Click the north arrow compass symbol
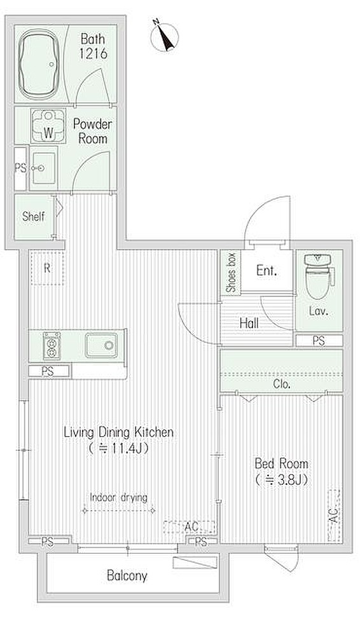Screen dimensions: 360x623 point(165,37)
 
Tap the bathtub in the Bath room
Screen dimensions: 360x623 point(39,64)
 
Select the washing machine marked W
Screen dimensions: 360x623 point(48,127)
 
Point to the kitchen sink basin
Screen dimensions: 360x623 point(101,345)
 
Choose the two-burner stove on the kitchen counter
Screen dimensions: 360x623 point(52,345)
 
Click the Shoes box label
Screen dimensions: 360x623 point(230,273)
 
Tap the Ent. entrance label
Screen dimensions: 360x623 point(267,271)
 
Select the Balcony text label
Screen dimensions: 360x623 point(127,575)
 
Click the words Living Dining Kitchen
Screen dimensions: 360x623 point(119,432)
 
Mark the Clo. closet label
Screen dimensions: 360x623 point(281,384)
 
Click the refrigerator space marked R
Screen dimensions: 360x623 point(47,268)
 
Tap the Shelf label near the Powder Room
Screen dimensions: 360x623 point(33,216)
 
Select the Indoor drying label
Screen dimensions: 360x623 point(118,497)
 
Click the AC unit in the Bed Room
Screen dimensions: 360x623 point(334,516)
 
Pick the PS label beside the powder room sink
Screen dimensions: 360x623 point(20,168)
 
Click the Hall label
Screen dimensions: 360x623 point(249,323)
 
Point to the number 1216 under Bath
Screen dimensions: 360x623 point(93,53)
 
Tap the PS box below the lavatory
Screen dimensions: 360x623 point(319,341)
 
